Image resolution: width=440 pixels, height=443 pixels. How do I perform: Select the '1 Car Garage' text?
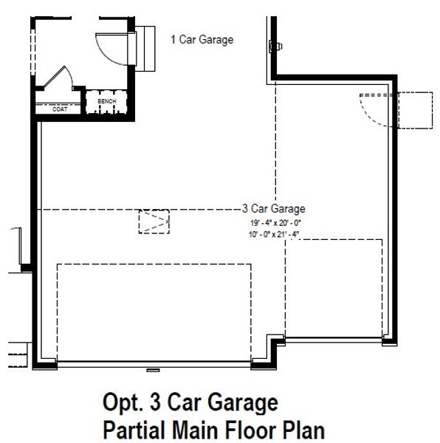(202, 40)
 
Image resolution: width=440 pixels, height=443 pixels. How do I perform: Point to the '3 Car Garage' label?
(273, 209)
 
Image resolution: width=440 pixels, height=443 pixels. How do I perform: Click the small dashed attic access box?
(154, 220)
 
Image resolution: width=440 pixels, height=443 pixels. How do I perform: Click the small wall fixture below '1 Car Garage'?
(277, 47)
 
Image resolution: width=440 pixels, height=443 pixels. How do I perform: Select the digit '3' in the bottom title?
(155, 404)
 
